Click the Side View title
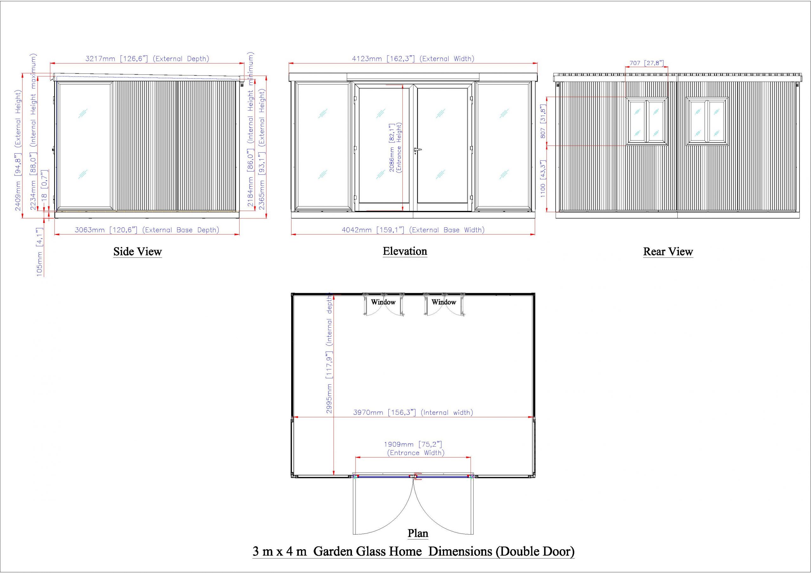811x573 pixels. [x=137, y=252]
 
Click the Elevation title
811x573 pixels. [x=405, y=251]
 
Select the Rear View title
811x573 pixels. [x=668, y=252]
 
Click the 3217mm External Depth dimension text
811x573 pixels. [x=147, y=59]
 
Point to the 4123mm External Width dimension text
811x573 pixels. [x=413, y=59]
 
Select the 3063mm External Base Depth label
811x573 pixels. [x=147, y=230]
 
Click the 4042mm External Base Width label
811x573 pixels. [x=413, y=230]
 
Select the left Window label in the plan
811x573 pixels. [x=383, y=302]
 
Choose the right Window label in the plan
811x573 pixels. [x=444, y=302]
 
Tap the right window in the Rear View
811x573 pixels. [x=707, y=121]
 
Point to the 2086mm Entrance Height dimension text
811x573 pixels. [x=396, y=148]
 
